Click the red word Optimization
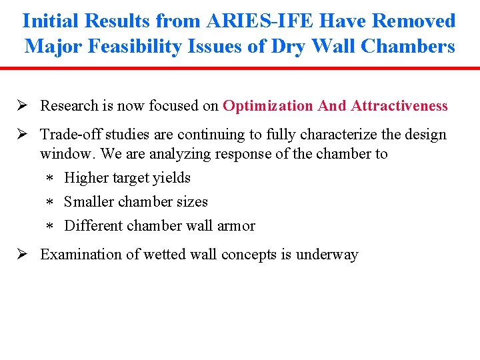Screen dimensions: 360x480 click(x=268, y=106)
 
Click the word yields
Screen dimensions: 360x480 click(x=173, y=178)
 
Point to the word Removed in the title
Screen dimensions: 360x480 click(x=414, y=21)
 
